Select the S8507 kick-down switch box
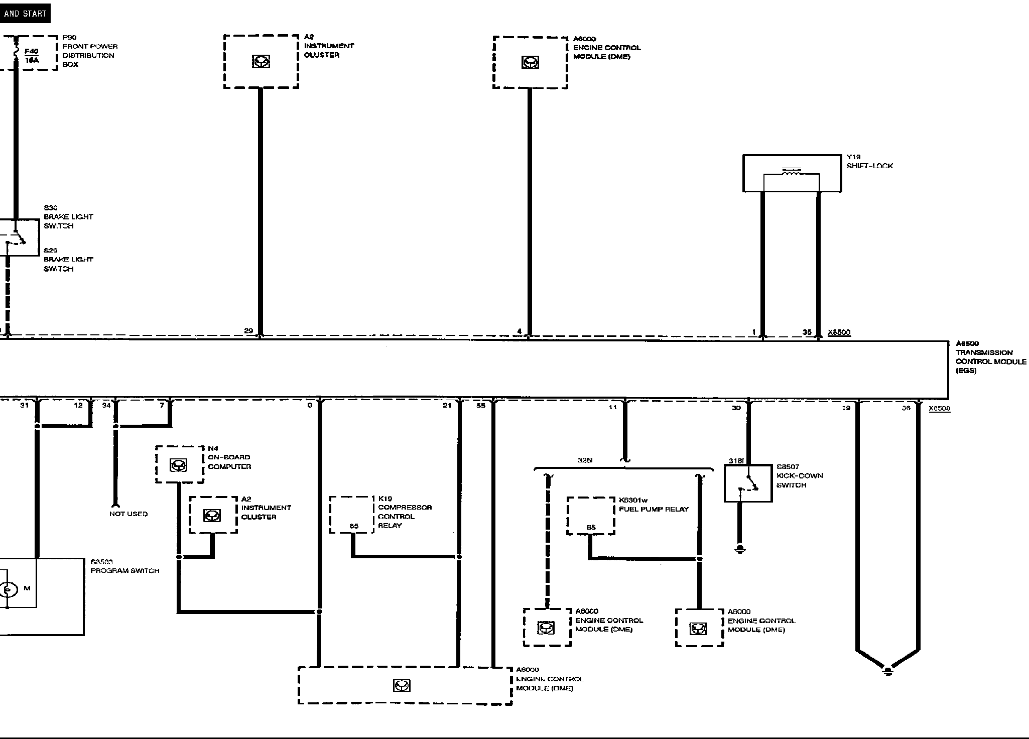pos(747,483)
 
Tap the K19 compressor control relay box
pos(351,515)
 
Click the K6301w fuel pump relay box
pos(591,516)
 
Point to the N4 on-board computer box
pos(179,465)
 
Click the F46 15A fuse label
pos(32,56)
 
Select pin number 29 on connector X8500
pos(248,331)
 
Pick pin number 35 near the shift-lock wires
pos(807,332)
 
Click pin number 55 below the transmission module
pos(481,406)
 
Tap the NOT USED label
pos(128,514)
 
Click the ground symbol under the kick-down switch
pos(739,549)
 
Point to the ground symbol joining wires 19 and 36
pos(887,671)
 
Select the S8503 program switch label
pos(124,566)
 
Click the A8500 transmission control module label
pos(990,357)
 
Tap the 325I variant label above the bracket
pos(585,460)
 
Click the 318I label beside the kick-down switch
pos(736,461)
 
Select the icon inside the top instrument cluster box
pos(261,62)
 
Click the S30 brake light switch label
pos(68,217)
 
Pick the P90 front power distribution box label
pos(90,51)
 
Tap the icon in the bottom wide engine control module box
pos(402,685)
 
